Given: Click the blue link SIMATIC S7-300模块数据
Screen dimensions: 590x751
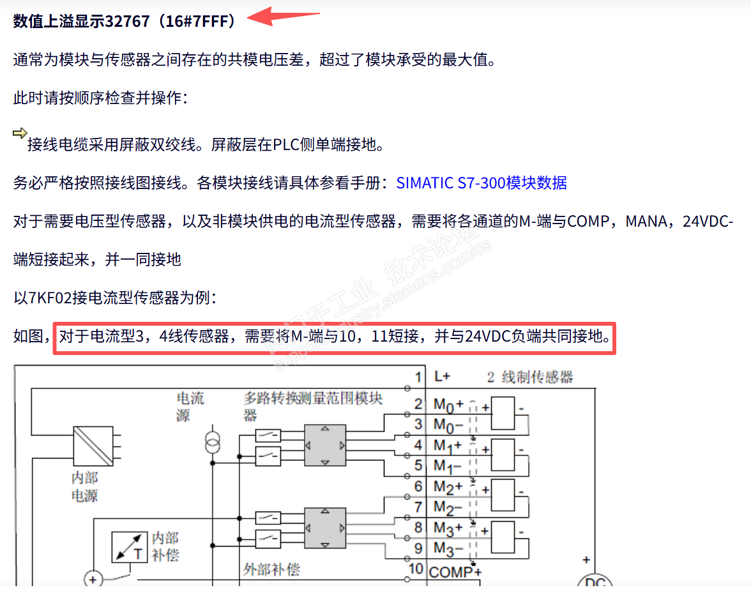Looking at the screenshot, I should [x=482, y=183].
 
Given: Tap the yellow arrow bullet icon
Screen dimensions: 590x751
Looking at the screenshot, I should [x=20, y=133].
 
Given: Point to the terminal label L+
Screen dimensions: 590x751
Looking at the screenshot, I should [x=443, y=377].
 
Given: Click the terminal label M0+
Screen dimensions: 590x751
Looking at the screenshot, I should [x=448, y=404].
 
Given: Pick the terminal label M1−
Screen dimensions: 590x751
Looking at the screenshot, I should [x=447, y=465].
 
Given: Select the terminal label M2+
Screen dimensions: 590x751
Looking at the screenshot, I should [x=448, y=487].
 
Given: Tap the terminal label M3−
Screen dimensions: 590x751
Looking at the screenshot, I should [x=447, y=548].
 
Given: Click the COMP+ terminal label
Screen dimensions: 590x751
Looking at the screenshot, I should [x=455, y=570].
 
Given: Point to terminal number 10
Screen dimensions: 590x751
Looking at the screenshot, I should [x=416, y=569].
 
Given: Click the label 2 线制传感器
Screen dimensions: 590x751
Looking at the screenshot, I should [x=530, y=377].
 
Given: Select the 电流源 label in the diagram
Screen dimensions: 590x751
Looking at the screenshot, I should [x=190, y=407].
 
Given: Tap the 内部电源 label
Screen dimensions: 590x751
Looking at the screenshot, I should [x=85, y=486].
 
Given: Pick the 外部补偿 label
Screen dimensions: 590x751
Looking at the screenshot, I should [x=271, y=569].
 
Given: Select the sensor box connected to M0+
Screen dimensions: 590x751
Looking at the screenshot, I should [x=504, y=413].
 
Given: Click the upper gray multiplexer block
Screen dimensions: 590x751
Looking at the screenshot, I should [x=324, y=445].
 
